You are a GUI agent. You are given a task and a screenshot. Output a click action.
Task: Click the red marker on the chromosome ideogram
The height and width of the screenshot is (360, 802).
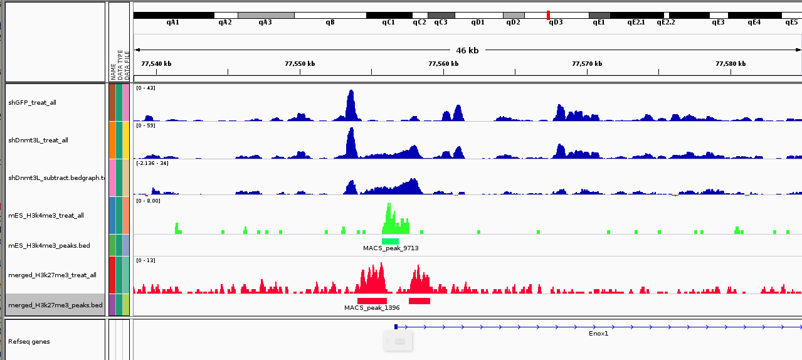click(x=549, y=15)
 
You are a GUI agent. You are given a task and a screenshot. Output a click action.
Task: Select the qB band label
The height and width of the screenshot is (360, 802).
click(x=330, y=23)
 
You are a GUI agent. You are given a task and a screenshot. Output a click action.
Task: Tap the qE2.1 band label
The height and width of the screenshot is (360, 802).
click(x=636, y=23)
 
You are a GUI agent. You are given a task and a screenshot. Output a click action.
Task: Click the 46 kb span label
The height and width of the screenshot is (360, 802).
click(x=467, y=50)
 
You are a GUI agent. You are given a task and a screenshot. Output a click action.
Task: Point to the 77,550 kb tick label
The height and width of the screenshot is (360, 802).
click(x=300, y=63)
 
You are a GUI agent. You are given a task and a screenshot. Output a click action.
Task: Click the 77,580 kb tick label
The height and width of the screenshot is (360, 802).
click(x=731, y=63)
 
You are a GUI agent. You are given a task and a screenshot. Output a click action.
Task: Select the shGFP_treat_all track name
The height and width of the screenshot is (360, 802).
click(x=32, y=102)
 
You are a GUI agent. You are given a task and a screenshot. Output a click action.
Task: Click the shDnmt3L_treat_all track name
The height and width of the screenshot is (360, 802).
click(x=38, y=140)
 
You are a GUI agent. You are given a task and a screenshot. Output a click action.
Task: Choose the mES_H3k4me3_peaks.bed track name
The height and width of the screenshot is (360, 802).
click(x=49, y=245)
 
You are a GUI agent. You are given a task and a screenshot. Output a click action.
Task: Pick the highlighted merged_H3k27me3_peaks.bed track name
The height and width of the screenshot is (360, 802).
click(x=55, y=305)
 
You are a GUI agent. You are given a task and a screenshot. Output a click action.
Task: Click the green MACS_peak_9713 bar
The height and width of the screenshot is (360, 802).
click(x=390, y=241)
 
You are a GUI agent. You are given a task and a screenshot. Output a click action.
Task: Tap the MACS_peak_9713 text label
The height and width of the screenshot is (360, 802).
click(x=391, y=248)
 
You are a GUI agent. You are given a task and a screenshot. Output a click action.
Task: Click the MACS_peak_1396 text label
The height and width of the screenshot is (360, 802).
click(x=372, y=308)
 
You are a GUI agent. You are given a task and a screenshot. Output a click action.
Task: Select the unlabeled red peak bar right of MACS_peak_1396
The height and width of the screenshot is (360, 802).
click(x=419, y=301)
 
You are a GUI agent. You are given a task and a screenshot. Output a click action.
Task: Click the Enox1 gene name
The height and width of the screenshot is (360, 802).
click(x=598, y=334)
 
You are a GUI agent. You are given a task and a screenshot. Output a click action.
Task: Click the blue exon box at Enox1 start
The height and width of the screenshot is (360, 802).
click(x=396, y=326)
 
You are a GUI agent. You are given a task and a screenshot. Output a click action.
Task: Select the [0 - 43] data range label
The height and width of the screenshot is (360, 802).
click(x=145, y=88)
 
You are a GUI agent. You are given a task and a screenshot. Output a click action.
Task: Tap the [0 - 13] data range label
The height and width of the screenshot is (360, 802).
click(x=145, y=260)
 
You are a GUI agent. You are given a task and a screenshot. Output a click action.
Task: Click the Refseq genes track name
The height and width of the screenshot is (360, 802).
click(x=29, y=342)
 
